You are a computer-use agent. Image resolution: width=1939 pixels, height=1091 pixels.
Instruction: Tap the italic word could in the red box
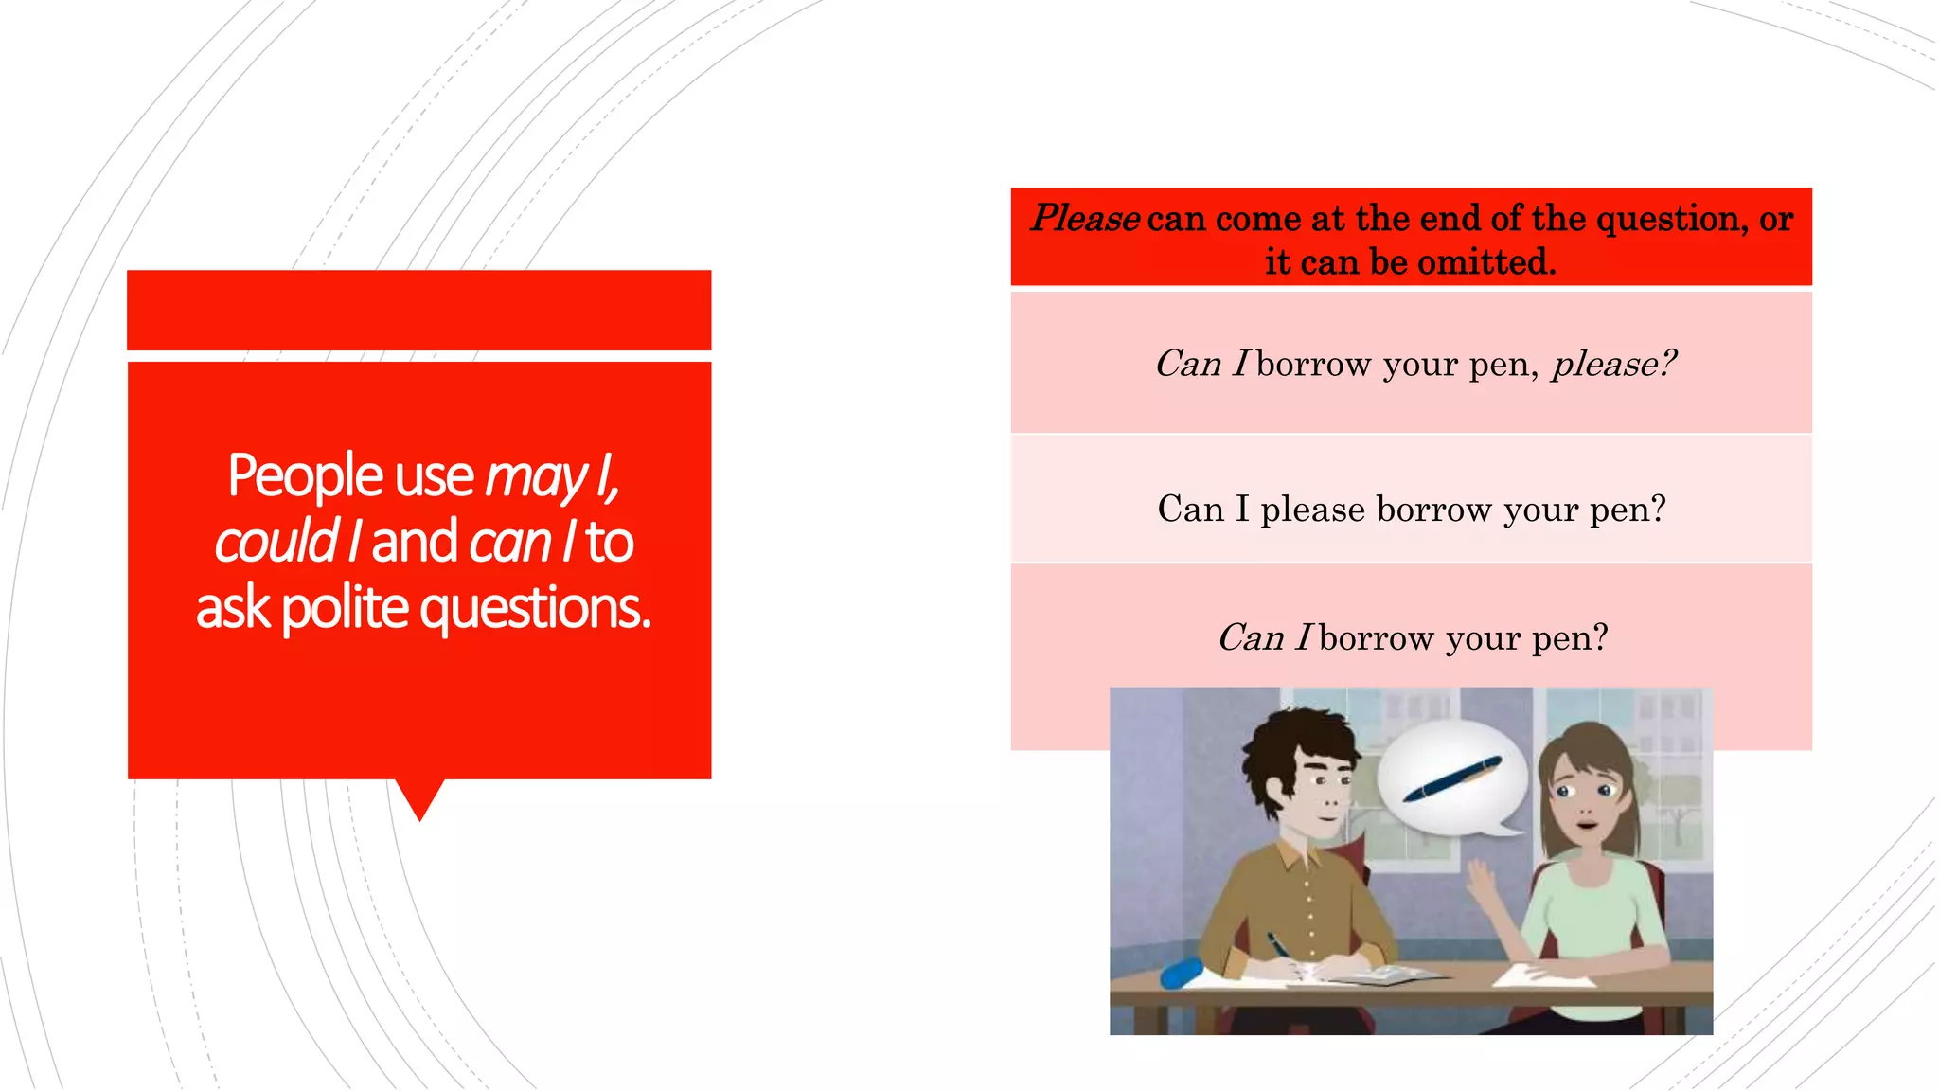point(276,542)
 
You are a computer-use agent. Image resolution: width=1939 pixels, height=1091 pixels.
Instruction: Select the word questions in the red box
point(536,608)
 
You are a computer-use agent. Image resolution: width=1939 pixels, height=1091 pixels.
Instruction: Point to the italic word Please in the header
point(1085,219)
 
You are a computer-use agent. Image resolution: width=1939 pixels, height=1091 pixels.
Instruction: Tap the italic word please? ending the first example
point(1613,364)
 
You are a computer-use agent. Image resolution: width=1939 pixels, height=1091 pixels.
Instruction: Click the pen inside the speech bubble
point(1452,779)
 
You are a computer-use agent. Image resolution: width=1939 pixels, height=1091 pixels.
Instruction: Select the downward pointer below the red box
point(419,797)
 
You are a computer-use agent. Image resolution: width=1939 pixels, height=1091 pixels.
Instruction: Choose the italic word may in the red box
point(536,476)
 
